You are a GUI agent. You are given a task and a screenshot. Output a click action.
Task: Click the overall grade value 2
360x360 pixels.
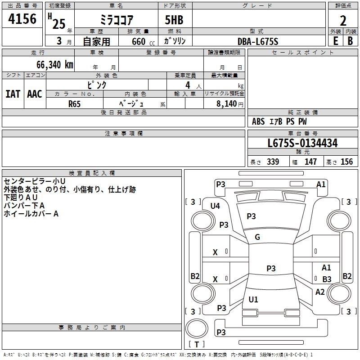click(343, 21)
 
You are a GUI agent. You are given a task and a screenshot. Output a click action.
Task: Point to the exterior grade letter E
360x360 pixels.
click(335, 40)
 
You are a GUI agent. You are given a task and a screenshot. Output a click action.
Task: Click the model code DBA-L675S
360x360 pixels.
click(258, 41)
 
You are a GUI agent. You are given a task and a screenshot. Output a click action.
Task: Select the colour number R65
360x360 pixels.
click(75, 103)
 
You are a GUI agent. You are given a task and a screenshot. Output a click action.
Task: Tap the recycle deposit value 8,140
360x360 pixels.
click(226, 103)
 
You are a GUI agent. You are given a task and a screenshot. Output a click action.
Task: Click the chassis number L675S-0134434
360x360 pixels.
click(302, 144)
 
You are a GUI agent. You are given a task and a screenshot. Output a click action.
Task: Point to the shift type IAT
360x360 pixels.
click(13, 94)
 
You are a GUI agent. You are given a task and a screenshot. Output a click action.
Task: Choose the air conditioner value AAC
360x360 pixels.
click(35, 94)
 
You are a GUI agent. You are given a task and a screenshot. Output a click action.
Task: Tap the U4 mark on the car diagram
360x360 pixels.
click(215, 206)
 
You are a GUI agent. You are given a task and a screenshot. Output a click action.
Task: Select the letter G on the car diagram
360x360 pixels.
click(257, 237)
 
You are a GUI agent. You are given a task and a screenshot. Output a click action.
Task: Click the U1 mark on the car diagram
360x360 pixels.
click(253, 299)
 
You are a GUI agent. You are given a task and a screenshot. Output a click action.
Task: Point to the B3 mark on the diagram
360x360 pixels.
click(327, 279)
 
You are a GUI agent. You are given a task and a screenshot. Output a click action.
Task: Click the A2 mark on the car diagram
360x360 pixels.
click(320, 292)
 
